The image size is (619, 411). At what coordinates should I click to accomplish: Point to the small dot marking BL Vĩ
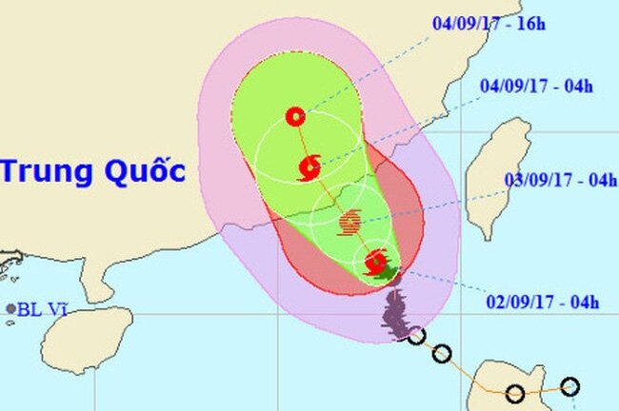point(11,309)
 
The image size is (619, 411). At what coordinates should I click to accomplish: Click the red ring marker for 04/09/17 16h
point(295,117)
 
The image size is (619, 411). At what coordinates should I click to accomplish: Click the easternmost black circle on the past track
point(569,386)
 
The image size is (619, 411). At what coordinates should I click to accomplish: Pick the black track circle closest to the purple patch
point(415,335)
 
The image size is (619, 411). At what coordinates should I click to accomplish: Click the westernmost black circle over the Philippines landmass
point(515,392)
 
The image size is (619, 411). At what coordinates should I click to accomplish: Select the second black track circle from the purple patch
point(441,354)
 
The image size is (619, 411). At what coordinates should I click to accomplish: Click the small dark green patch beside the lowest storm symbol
point(389,274)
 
